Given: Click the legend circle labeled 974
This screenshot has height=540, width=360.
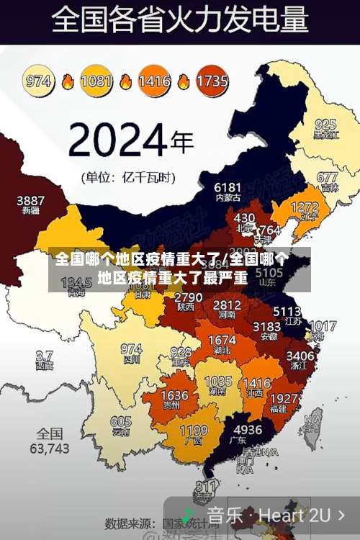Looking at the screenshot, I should pyautogui.click(x=40, y=81).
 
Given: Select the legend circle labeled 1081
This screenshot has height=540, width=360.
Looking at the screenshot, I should pyautogui.click(x=96, y=81).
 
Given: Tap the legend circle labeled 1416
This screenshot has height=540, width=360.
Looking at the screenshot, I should pyautogui.click(x=154, y=81).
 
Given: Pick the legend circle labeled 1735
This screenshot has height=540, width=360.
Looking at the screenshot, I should pyautogui.click(x=212, y=81).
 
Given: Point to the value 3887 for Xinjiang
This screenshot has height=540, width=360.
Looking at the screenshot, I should pyautogui.click(x=30, y=199).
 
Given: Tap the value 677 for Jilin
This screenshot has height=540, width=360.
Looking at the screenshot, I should pyautogui.click(x=328, y=177).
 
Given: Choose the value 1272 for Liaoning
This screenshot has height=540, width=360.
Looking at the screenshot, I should pyautogui.click(x=305, y=207).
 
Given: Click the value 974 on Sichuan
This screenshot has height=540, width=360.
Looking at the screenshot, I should pyautogui.click(x=131, y=348).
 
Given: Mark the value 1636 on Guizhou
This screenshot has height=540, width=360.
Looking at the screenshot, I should pyautogui.click(x=174, y=396).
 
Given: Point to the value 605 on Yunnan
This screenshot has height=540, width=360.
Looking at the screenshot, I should pyautogui.click(x=121, y=422).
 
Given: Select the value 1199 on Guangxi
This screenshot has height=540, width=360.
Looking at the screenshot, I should pyautogui.click(x=193, y=431).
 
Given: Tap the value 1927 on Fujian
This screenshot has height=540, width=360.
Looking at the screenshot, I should pyautogui.click(x=286, y=399).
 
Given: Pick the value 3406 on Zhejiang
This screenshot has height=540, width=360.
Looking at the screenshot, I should pyautogui.click(x=300, y=355).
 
